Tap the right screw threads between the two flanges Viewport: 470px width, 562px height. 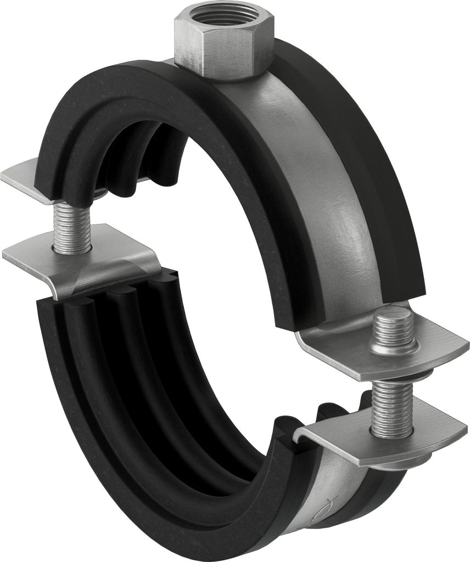(391, 406)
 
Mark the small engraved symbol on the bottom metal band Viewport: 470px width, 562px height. (328, 519)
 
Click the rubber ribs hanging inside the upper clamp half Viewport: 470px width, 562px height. (137, 165)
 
